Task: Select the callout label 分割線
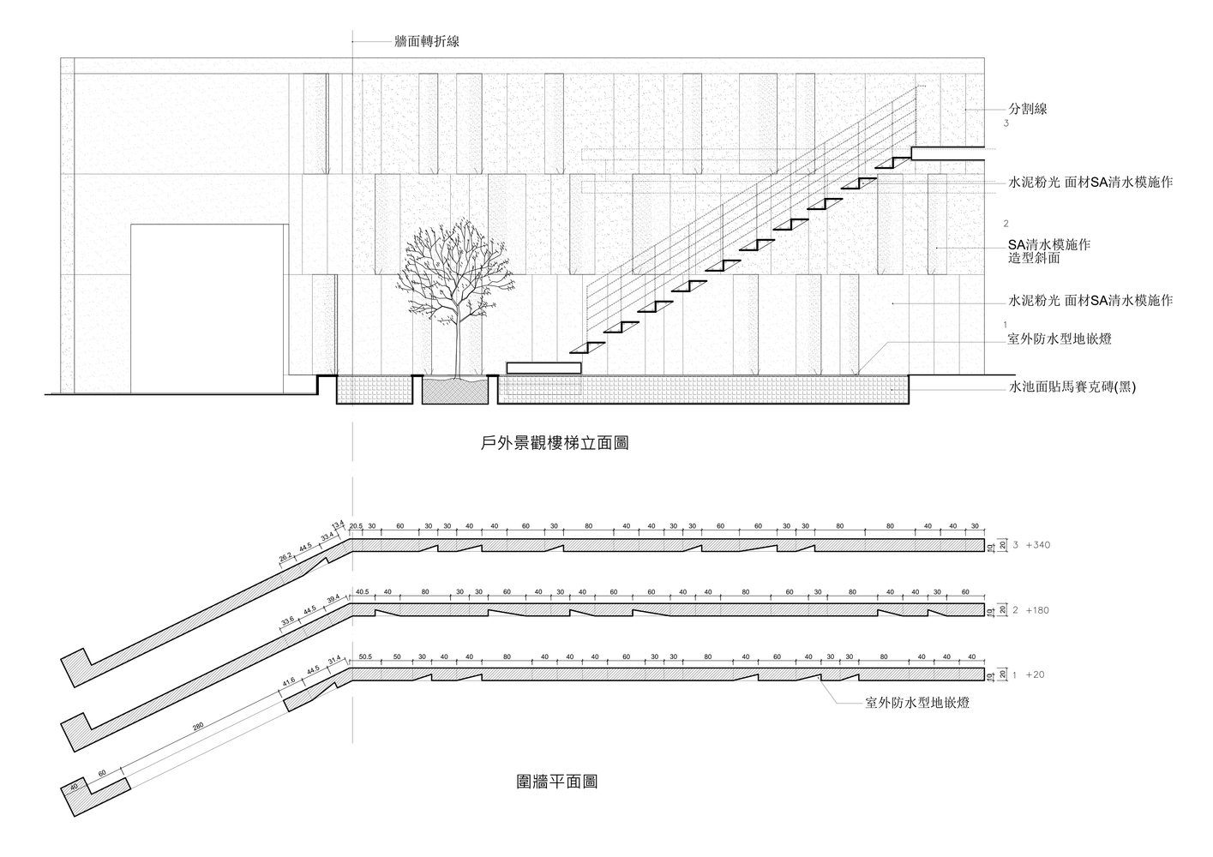point(1028,109)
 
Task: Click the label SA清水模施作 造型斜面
point(1048,251)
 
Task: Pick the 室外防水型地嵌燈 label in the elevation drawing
point(1060,339)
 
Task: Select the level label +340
point(1039,545)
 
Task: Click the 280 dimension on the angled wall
point(198,728)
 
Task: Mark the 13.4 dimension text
point(338,524)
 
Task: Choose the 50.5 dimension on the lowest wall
point(365,657)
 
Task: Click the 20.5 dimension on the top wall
point(356,526)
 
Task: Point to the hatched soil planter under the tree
point(455,392)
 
